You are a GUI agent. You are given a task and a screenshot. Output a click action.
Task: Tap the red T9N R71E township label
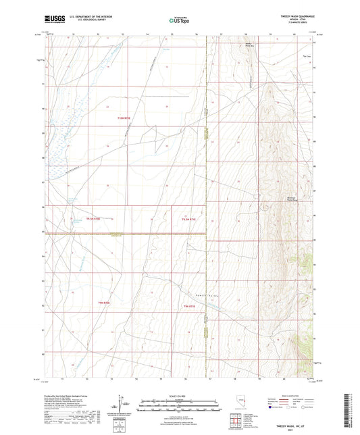[x=192, y=307]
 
